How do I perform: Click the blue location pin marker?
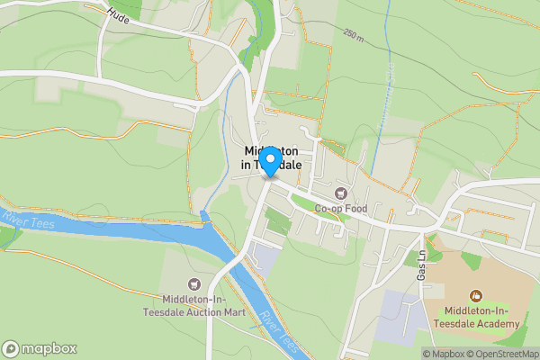pos(269,161)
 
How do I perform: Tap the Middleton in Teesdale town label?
pos(274,158)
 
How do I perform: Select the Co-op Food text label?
pos(341,209)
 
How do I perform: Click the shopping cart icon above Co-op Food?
pos(341,193)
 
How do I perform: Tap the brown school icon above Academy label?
pos(476,295)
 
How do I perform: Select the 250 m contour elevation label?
pos(355,34)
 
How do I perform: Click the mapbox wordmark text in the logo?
pos(49,348)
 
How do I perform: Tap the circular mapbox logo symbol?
pos(11,348)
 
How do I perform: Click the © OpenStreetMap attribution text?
pos(502,354)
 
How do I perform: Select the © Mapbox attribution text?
pos(444,354)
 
